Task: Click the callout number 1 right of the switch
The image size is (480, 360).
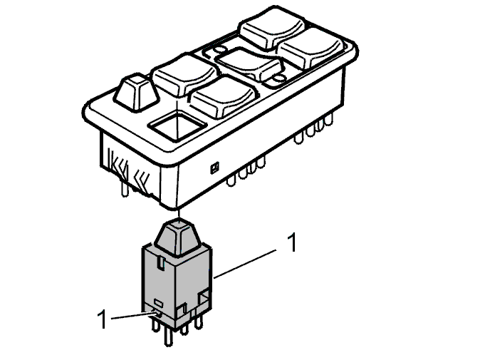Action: (x=293, y=242)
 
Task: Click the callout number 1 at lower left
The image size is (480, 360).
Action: (x=103, y=319)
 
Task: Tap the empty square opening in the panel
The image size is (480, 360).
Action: (x=177, y=127)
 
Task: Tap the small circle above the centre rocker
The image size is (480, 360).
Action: (x=219, y=49)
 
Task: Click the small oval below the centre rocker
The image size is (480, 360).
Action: (x=279, y=79)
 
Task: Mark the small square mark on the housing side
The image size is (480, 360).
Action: (x=214, y=168)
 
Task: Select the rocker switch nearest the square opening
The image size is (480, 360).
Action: (x=223, y=96)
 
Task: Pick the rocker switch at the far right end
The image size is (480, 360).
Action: (x=312, y=48)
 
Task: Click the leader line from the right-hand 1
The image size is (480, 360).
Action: (x=245, y=264)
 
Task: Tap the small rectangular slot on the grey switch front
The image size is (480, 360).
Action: (x=158, y=303)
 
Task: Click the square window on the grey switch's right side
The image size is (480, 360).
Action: (x=204, y=297)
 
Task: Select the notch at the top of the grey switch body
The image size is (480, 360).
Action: (x=161, y=262)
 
